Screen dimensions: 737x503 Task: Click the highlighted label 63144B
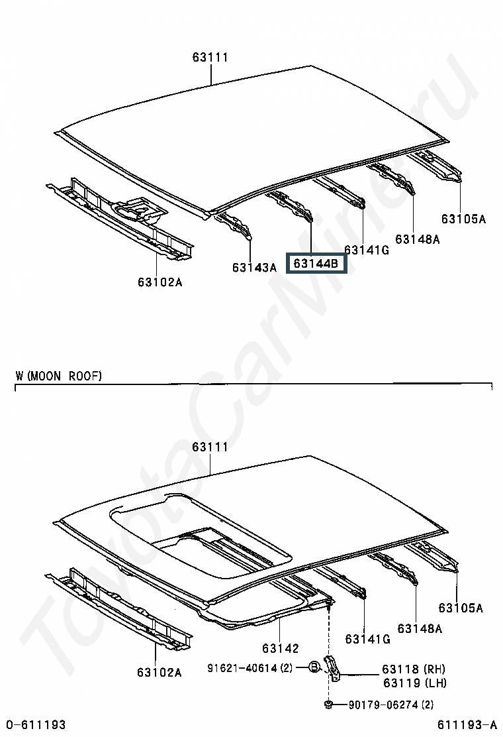pyautogui.click(x=316, y=264)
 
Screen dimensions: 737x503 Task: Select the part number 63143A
pyautogui.click(x=254, y=268)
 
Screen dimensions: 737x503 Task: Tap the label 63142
pyautogui.click(x=280, y=648)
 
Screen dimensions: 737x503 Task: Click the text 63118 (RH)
pyautogui.click(x=414, y=669)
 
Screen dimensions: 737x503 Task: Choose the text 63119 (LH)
pyautogui.click(x=414, y=683)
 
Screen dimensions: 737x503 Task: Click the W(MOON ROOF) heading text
pyautogui.click(x=59, y=376)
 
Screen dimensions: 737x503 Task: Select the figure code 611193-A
pyautogui.click(x=467, y=725)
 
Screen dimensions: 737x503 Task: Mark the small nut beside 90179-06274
pyautogui.click(x=329, y=704)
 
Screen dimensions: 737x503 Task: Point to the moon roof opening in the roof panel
pyautogui.click(x=199, y=530)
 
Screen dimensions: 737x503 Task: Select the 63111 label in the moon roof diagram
pyautogui.click(x=210, y=447)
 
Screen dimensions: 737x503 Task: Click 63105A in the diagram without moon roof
pyautogui.click(x=463, y=219)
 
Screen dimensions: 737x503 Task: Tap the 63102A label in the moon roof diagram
pyautogui.click(x=160, y=672)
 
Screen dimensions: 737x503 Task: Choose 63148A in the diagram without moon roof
pyautogui.click(x=418, y=239)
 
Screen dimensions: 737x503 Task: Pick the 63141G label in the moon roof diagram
pyautogui.click(x=367, y=639)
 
